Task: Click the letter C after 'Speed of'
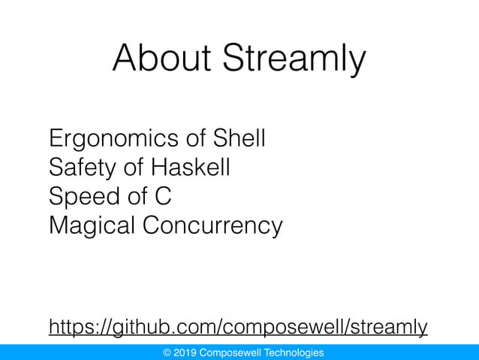tap(163, 196)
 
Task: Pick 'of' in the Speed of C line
tap(131, 196)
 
